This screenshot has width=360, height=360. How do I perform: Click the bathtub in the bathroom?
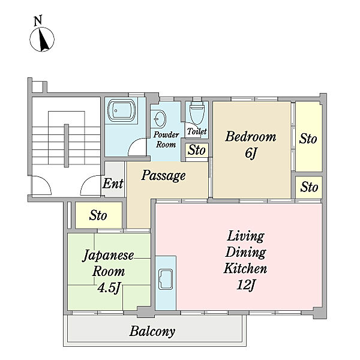pos(121,110)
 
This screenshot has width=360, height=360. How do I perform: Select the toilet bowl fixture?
pos(197,113)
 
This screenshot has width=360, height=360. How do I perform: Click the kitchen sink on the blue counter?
pos(166,279)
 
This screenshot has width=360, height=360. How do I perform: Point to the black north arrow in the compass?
pos(43,39)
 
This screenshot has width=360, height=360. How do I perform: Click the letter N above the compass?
pos(38,20)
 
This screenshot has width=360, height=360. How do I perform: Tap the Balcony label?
pos(152,331)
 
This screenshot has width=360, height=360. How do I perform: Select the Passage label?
pos(163,176)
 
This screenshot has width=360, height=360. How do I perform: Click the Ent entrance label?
pos(113,184)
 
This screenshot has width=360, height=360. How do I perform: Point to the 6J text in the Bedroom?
pos(250,153)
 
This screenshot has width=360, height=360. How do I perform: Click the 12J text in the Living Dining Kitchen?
pos(246,285)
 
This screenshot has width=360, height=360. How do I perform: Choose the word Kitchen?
pos(245,268)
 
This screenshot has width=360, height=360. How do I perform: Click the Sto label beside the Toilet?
pos(197,150)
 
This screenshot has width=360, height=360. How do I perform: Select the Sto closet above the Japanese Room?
pos(98,215)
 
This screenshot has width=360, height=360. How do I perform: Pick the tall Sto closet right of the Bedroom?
pos(308,136)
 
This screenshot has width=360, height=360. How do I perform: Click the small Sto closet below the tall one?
pos(309,187)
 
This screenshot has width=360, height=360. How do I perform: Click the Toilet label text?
pos(197,131)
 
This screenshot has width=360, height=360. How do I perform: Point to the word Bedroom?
pos(251,136)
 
